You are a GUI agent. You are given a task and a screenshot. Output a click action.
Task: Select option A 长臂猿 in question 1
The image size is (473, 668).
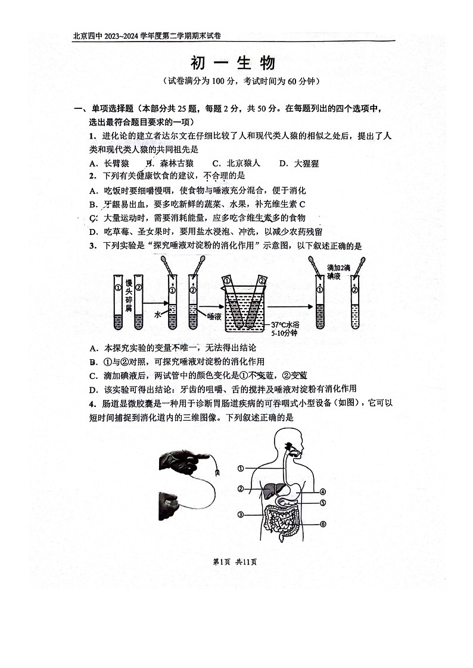point(108,163)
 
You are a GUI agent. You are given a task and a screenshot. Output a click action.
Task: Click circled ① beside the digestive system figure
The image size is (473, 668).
point(240,469)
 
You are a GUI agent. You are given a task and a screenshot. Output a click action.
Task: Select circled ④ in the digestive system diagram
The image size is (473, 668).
point(322,492)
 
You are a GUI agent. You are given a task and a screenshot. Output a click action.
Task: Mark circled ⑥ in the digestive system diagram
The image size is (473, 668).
point(322,524)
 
